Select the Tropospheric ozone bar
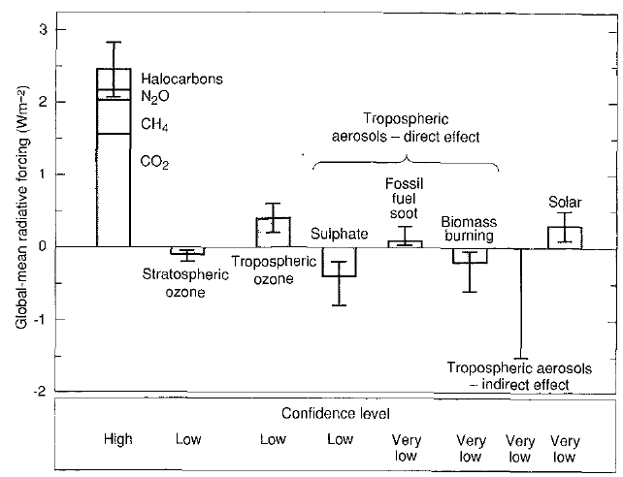[273, 232]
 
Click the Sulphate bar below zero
[339, 262]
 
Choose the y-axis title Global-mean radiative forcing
[21, 208]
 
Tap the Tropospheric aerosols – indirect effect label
[518, 376]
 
